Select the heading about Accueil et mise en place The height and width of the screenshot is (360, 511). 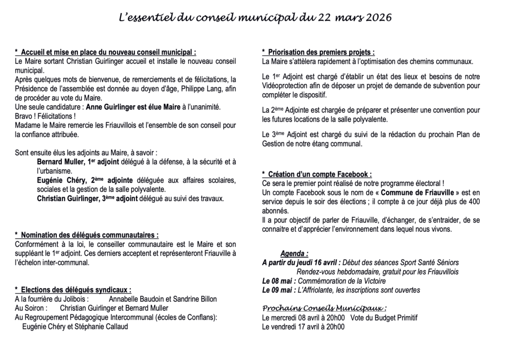(106, 52)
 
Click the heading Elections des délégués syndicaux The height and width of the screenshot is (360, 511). (73, 290)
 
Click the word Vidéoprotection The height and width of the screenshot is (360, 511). (286, 86)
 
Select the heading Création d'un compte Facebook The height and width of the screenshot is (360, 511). (317, 175)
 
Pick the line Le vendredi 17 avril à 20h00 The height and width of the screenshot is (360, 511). (303, 327)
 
